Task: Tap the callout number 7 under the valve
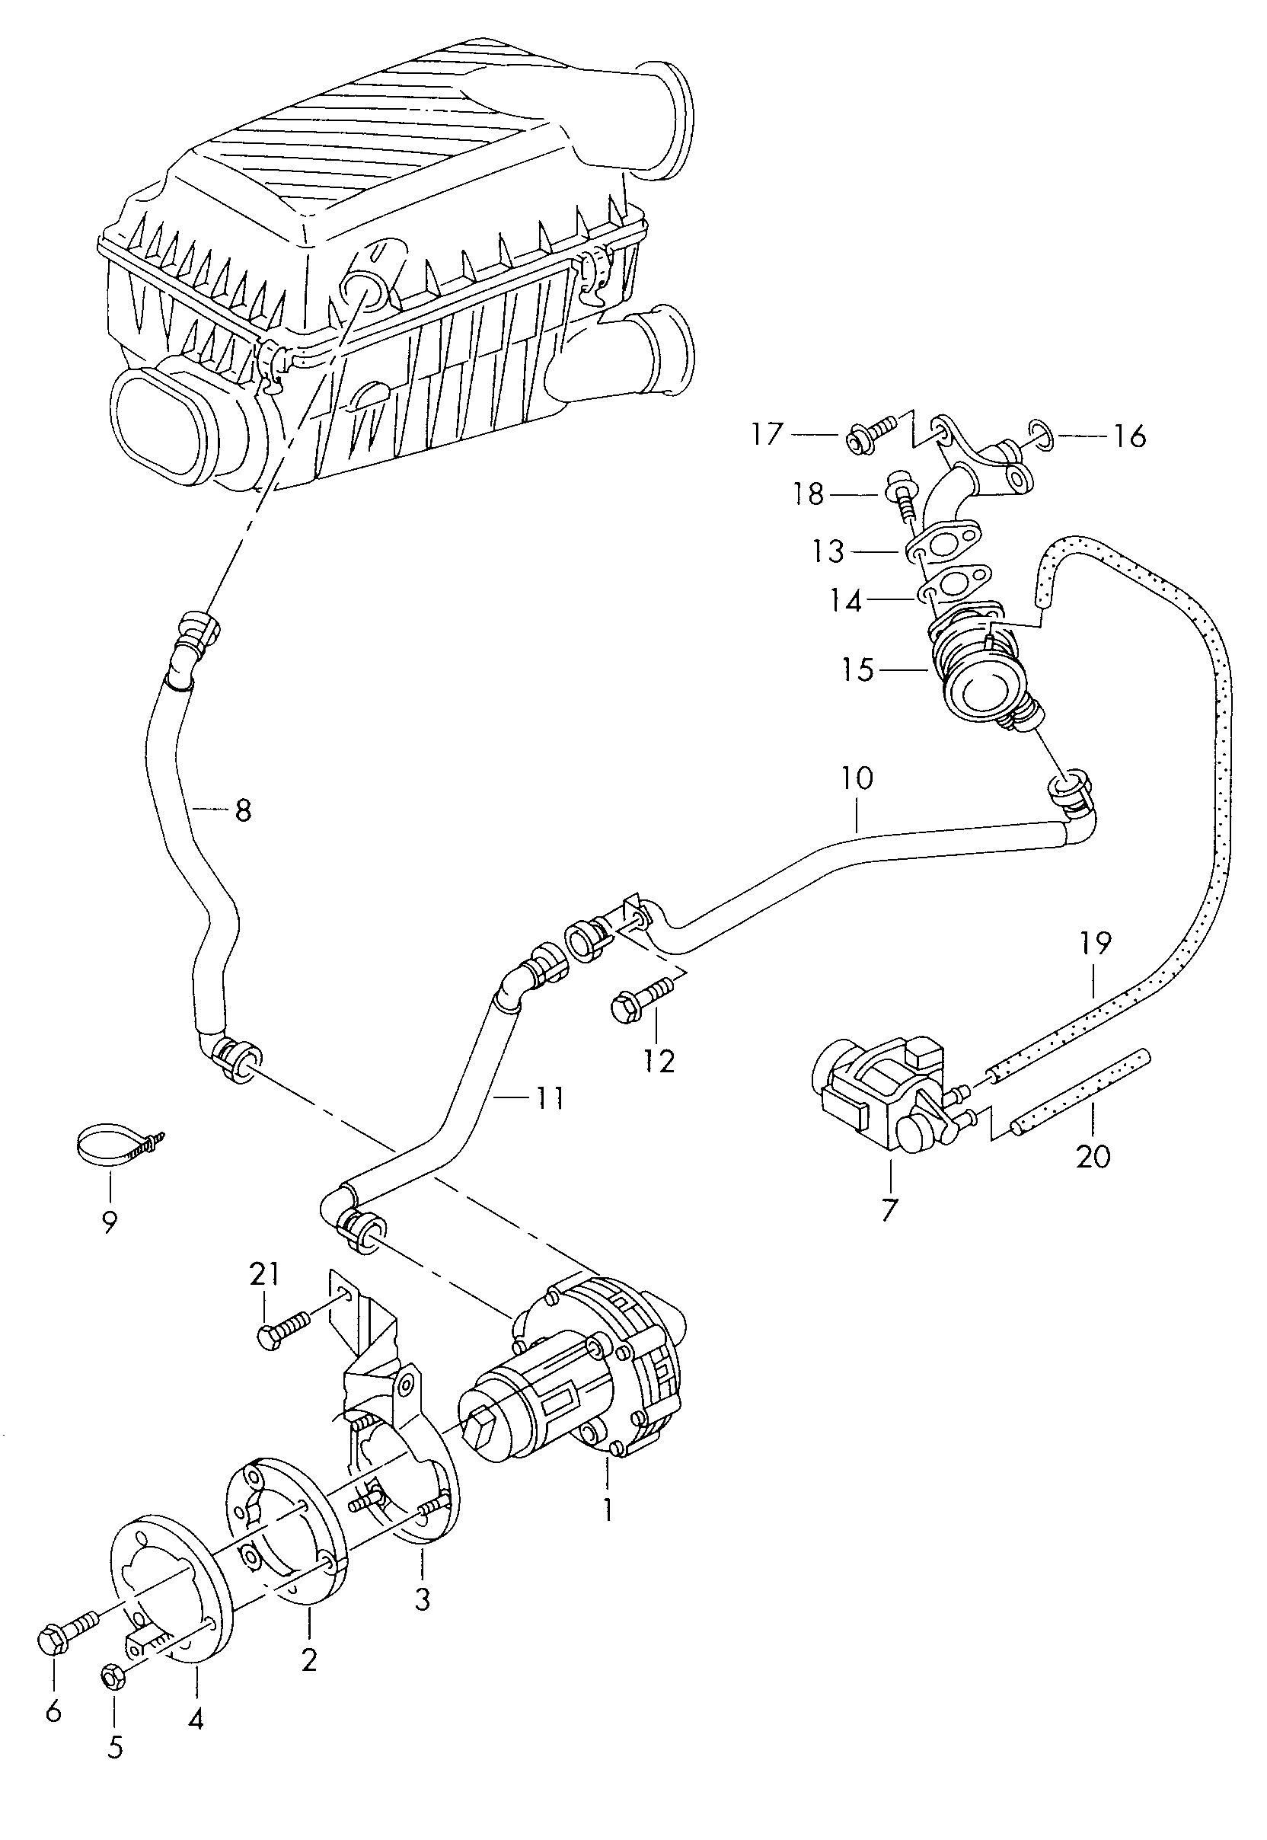click(x=889, y=1209)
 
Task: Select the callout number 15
click(x=858, y=670)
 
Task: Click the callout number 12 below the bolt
click(x=659, y=1060)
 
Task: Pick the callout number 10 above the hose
click(x=857, y=778)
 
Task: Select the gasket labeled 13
click(x=940, y=545)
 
